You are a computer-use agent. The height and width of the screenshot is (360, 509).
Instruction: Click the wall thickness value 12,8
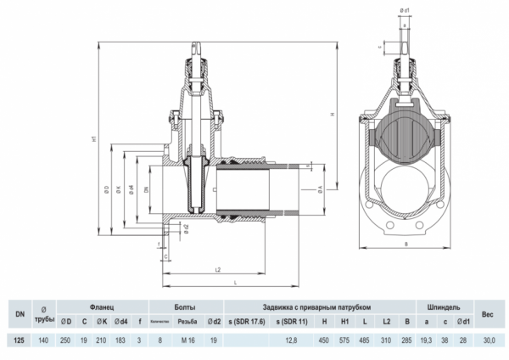click(293, 340)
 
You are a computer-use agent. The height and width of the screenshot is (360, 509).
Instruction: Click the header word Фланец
click(102, 306)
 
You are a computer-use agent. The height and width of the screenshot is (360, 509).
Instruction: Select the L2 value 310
click(386, 340)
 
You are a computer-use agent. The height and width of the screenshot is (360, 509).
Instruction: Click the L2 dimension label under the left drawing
click(218, 270)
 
